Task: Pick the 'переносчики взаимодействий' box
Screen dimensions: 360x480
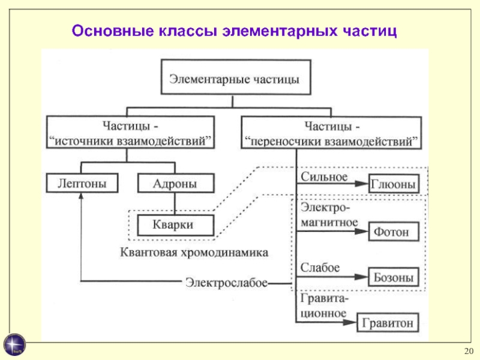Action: [x=332, y=134]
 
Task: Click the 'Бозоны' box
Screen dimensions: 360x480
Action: [x=392, y=277]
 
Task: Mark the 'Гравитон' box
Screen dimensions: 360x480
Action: [x=388, y=323]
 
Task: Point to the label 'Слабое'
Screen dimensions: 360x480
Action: [x=320, y=268]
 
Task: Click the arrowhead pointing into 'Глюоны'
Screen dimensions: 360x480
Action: [x=362, y=184]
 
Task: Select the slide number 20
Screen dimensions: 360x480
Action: [x=469, y=351]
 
